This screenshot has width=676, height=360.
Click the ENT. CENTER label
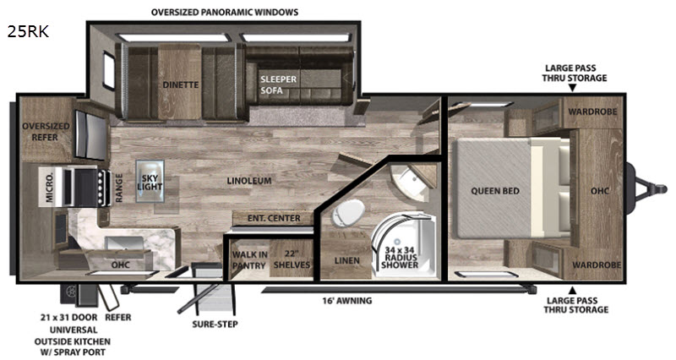coord(273,219)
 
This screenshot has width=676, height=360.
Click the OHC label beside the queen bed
coord(601,190)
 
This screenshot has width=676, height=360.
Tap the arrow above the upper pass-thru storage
coord(573,88)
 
